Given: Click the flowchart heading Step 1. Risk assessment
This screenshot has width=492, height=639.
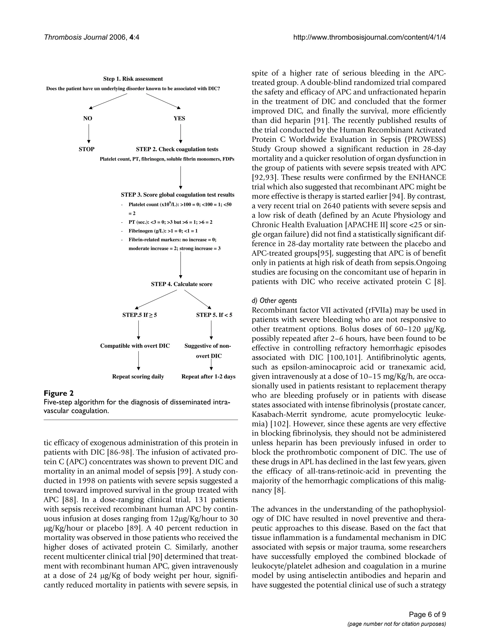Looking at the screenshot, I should click(x=133, y=79).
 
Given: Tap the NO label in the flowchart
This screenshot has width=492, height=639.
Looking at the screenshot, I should click(x=87, y=118).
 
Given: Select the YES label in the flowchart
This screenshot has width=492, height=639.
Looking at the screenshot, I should click(x=179, y=118).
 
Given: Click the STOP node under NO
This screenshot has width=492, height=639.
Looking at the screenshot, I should click(x=86, y=149).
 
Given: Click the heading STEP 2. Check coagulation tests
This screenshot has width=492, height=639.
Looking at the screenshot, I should click(x=177, y=149).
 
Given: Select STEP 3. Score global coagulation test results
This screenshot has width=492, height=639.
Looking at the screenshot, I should click(x=178, y=195).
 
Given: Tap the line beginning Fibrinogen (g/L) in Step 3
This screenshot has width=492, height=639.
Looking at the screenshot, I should click(x=163, y=231).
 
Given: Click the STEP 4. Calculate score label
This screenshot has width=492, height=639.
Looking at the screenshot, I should click(x=181, y=284).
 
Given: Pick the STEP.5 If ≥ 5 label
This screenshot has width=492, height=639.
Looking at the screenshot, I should click(x=140, y=315).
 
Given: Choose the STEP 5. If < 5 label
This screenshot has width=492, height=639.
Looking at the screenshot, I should click(x=214, y=315).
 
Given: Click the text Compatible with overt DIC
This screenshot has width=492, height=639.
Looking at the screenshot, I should click(x=135, y=346).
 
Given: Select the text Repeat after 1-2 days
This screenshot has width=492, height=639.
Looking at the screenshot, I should click(x=208, y=377).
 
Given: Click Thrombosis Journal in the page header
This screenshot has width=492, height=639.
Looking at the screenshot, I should click(x=75, y=37).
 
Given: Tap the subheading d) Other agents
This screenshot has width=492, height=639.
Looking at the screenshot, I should click(x=274, y=300).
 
